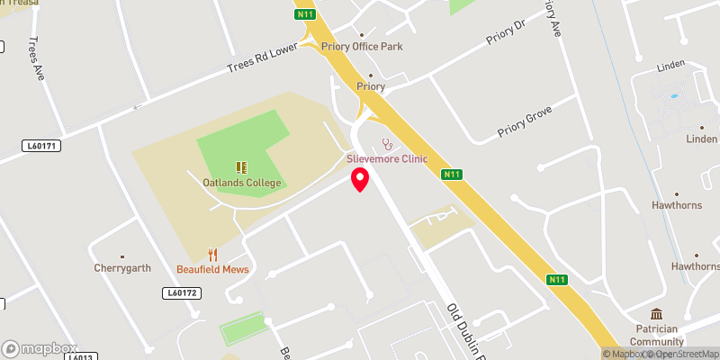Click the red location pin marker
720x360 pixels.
pos(360,179)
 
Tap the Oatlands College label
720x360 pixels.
pos(241,183)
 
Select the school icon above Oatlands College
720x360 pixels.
pos(241,166)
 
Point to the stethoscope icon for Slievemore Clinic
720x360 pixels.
pos(388,144)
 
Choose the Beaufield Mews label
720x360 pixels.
pos(212,270)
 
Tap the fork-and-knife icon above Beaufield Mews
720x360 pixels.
pos(212,255)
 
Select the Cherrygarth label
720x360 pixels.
pos(122,267)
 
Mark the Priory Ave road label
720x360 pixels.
pos(552,17)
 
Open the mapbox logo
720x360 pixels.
pos(40,348)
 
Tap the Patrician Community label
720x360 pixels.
pos(656,336)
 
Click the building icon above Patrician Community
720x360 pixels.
pos(656,315)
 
